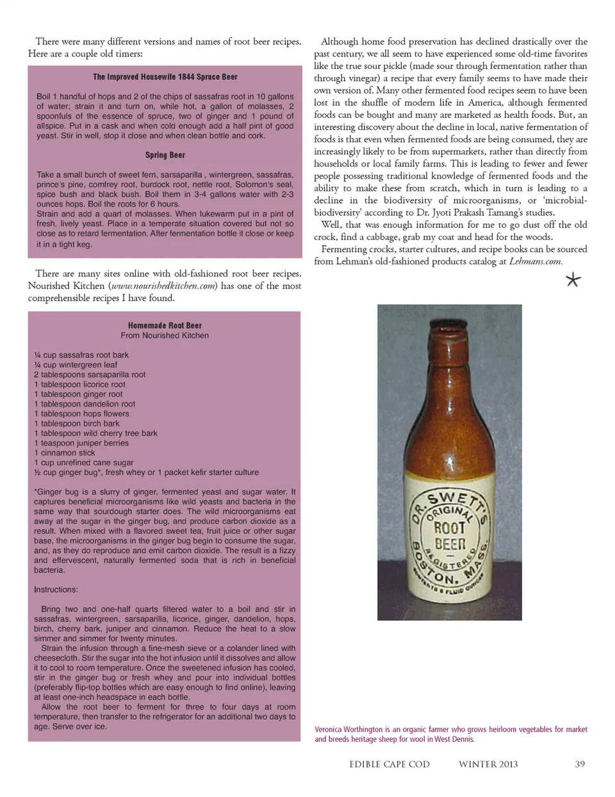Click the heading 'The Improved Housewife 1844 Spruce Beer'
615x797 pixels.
tap(165, 77)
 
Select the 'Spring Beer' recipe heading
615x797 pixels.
tap(165, 155)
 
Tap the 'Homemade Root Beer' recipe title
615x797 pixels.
tap(165, 325)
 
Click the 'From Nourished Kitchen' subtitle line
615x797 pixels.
tap(165, 335)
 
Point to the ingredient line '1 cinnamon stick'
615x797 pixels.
tap(64, 453)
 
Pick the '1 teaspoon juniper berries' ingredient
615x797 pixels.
tap(81, 443)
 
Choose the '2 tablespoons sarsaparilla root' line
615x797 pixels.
tap(90, 374)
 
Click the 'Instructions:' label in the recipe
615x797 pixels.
tap(56, 590)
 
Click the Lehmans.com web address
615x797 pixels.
tap(536, 261)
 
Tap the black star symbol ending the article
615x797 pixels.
tap(573, 280)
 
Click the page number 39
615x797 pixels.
tap(580, 764)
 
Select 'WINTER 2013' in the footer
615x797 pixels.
tap(488, 764)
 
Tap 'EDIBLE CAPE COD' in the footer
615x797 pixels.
tap(389, 764)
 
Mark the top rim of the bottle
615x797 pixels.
tap(448, 310)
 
